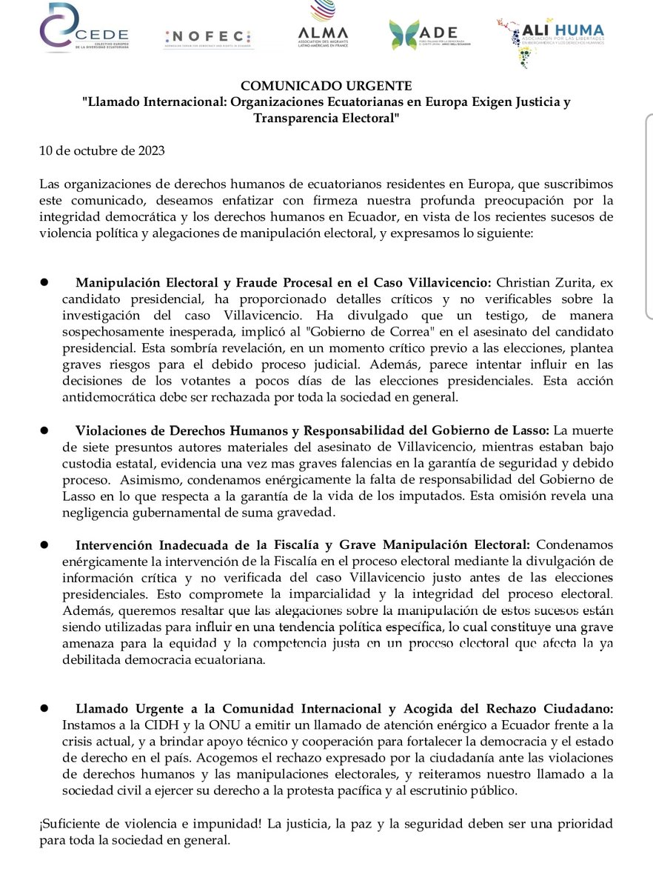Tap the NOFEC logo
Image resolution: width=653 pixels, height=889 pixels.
[x=207, y=38]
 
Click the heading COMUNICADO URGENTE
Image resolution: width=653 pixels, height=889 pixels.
[x=326, y=86]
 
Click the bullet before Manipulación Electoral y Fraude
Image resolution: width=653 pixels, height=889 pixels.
[x=44, y=282]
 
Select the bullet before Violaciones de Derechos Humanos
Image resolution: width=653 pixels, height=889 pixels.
[x=44, y=430]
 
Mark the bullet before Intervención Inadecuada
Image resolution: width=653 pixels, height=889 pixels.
[x=44, y=544]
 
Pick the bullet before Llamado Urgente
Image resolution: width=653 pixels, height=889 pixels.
[x=44, y=707]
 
